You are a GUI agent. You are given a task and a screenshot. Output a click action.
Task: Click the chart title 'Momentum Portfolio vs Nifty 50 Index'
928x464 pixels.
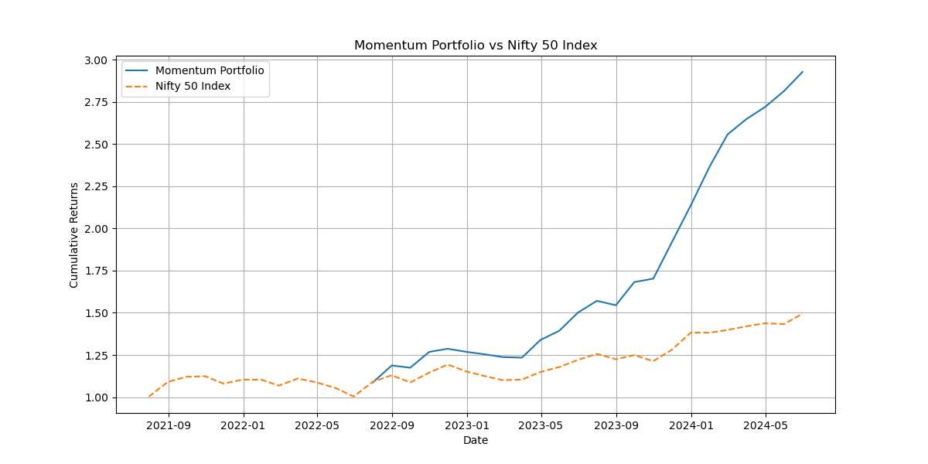476,46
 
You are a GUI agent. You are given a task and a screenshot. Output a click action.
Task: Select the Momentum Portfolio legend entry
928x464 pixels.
210,70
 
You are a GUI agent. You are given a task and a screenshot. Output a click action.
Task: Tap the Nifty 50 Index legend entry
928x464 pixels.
193,87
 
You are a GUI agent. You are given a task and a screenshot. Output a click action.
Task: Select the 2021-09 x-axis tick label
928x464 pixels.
169,425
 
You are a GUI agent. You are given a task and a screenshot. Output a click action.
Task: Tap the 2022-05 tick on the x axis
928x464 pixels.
318,425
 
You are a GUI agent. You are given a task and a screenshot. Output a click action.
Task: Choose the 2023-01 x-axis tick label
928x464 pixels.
467,425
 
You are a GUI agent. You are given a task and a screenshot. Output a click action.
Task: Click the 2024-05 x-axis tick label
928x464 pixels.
766,425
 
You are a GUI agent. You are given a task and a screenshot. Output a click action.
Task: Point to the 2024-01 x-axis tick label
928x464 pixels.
691,425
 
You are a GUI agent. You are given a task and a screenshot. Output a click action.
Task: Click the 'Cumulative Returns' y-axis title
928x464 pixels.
74,235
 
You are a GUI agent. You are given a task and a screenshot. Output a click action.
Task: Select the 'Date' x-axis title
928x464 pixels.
476,440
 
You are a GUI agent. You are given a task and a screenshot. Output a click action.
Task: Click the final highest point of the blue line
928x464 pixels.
803,72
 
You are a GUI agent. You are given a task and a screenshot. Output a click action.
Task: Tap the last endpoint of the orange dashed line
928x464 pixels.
803,314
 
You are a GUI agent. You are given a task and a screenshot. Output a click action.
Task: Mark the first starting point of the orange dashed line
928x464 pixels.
149,397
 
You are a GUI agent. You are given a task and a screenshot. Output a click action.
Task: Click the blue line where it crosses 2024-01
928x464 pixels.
691,203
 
